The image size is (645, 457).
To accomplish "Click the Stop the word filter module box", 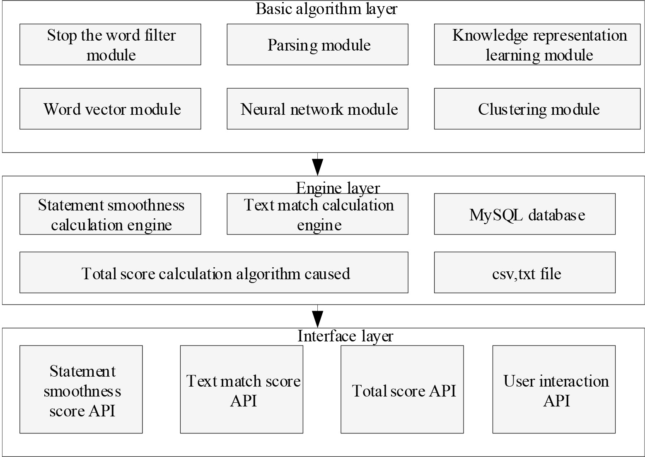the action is (x=110, y=44).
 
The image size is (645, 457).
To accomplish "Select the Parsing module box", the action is (x=318, y=44).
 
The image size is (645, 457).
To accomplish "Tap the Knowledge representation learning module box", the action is (x=537, y=44).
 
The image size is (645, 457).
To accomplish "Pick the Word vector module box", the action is (x=110, y=109).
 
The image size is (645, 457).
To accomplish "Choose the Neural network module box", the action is (x=318, y=109).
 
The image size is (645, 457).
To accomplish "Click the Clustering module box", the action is (x=537, y=109).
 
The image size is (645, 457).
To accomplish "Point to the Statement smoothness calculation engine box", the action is (x=110, y=214).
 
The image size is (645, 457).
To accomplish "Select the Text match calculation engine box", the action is (x=318, y=214).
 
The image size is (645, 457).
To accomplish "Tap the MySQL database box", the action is (x=525, y=214).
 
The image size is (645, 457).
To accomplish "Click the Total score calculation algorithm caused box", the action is (x=214, y=272).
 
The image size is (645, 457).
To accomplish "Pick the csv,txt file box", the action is (x=525, y=272).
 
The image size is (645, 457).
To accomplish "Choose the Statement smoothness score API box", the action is (x=81, y=389).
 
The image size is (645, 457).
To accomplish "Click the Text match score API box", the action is (x=242, y=389).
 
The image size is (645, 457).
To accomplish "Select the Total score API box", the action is (x=402, y=389).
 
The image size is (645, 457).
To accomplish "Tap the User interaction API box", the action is (x=554, y=389).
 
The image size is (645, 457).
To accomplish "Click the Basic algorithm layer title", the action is (x=326, y=9).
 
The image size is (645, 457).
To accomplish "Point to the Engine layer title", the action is (x=338, y=189).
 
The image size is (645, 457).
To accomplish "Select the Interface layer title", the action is (x=345, y=336).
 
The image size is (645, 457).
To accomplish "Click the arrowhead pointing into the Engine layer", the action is (x=318, y=167).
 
